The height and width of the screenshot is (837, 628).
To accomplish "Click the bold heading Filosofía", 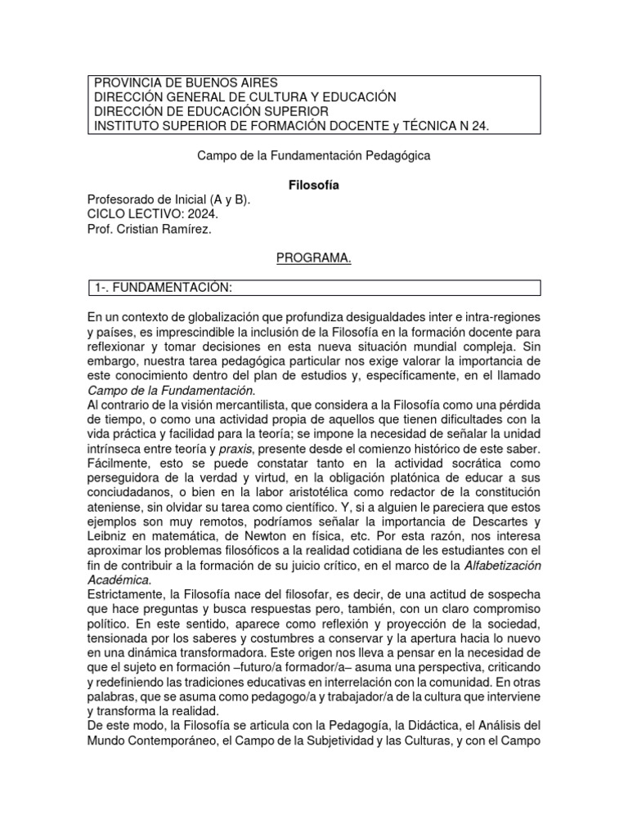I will click(x=314, y=186).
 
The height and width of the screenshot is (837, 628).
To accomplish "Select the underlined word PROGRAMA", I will click(x=313, y=258).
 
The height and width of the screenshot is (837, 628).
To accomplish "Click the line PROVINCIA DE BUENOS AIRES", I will click(x=186, y=83).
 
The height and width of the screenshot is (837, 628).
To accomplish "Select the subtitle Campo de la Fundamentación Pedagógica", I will click(x=314, y=154).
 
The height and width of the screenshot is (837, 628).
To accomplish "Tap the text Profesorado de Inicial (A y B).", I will click(x=169, y=199).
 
